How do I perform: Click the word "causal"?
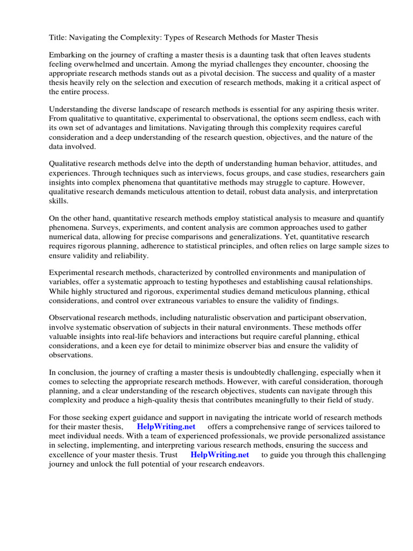[x=319, y=282]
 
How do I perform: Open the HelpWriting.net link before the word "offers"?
[x=166, y=427]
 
